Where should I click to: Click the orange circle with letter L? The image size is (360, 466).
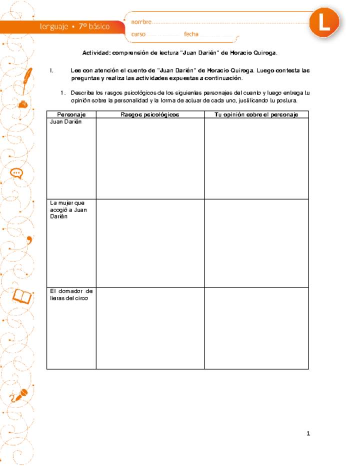tap(324, 22)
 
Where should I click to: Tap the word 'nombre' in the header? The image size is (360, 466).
tap(141, 22)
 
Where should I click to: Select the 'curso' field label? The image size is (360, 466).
tap(138, 34)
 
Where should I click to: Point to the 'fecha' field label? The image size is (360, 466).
tap(191, 34)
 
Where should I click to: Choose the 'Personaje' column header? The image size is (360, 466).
tap(71, 114)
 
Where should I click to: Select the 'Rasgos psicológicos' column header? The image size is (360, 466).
tap(150, 114)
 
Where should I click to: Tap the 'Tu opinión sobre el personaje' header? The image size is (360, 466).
tap(256, 114)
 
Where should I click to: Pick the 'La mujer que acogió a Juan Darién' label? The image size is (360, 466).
tap(68, 210)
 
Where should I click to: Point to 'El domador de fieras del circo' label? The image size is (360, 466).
tap(71, 294)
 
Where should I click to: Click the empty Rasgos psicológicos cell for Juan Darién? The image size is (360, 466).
tap(150, 158)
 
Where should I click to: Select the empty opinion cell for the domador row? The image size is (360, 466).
tap(256, 328)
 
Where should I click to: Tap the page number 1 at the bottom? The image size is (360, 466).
tap(308, 433)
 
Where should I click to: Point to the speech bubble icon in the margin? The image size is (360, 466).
tap(16, 173)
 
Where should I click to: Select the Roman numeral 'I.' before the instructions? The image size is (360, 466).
tap(52, 70)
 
